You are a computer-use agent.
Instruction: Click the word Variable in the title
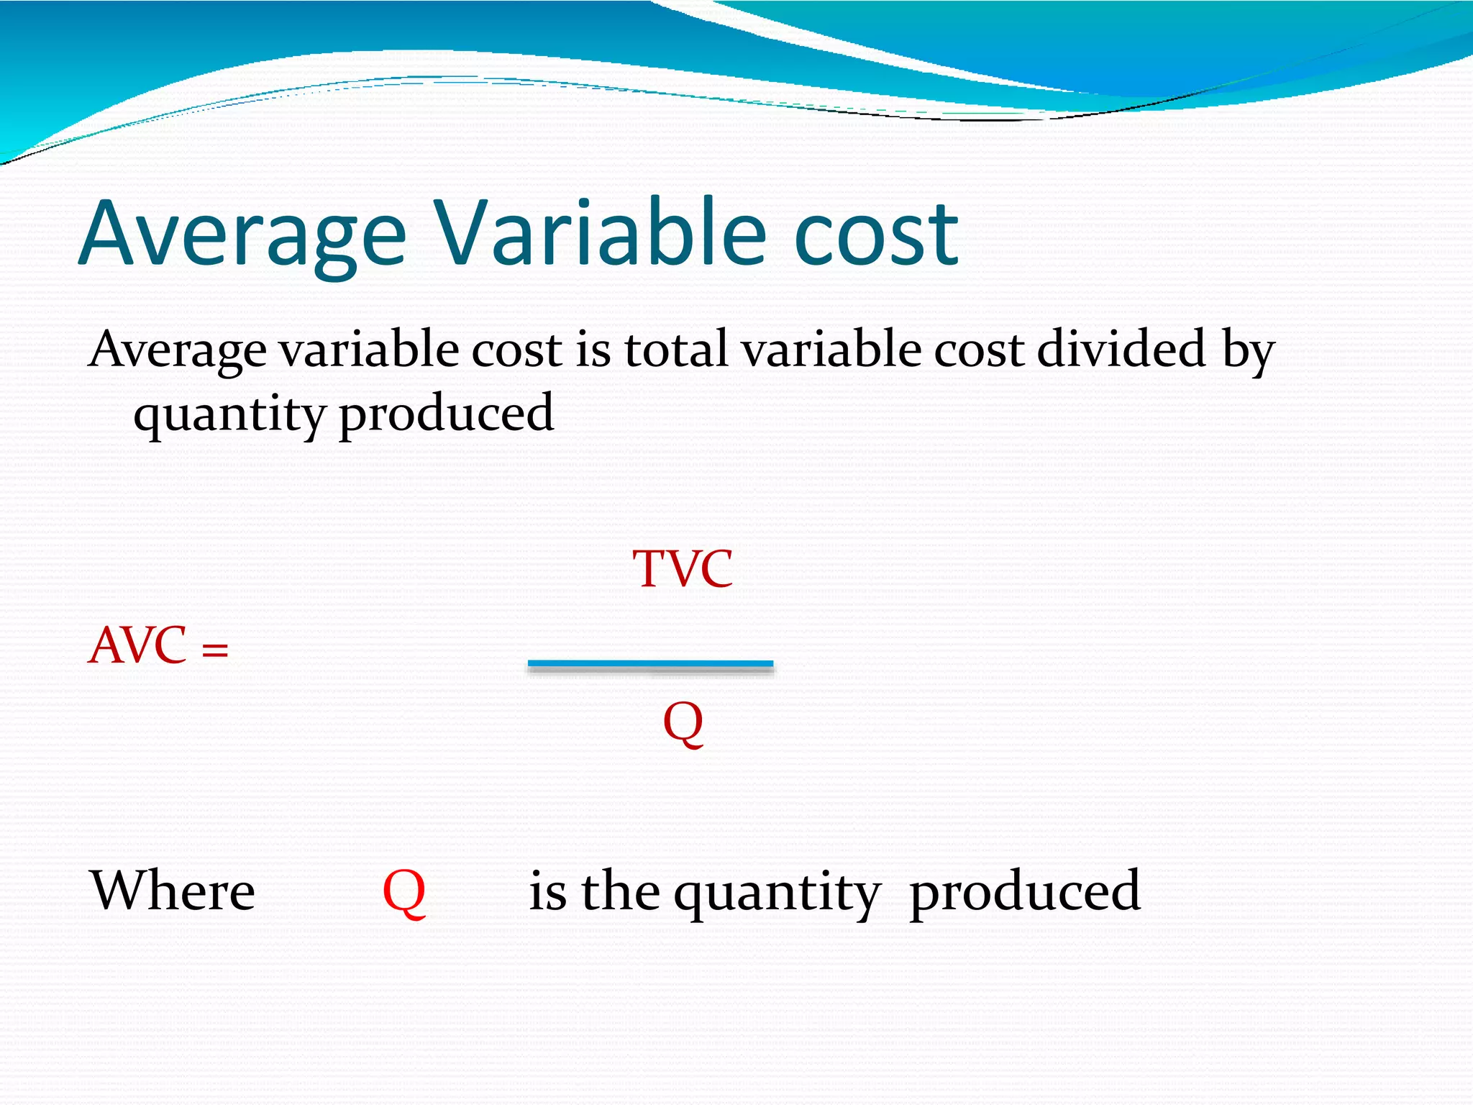(x=601, y=233)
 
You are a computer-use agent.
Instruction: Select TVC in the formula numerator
(x=683, y=569)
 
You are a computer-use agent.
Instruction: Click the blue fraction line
(x=650, y=664)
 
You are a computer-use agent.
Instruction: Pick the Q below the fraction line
(x=683, y=722)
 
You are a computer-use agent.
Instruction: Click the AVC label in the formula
(x=137, y=645)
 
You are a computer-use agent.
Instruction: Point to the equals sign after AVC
(x=214, y=650)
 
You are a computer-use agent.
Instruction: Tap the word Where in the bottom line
(x=172, y=891)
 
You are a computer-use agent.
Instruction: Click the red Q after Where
(x=403, y=892)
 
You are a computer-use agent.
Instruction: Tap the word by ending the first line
(x=1249, y=353)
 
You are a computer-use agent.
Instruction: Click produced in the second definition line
(x=446, y=415)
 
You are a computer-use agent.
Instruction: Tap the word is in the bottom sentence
(x=547, y=891)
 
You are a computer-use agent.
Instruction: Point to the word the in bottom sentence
(x=620, y=891)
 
